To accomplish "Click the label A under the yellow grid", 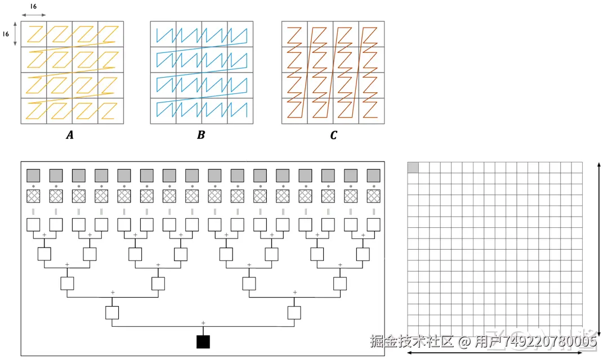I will pyautogui.click(x=70, y=135).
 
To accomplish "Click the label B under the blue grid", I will pyautogui.click(x=200, y=135).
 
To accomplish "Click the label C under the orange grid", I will pyautogui.click(x=333, y=135).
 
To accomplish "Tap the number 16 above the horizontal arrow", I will pyautogui.click(x=33, y=6).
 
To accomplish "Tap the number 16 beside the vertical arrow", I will pyautogui.click(x=6, y=34).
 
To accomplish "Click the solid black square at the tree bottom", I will pyautogui.click(x=203, y=341).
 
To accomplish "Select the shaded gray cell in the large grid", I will pyautogui.click(x=413, y=167).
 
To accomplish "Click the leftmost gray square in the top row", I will pyautogui.click(x=33, y=174).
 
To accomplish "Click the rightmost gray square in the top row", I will pyautogui.click(x=373, y=174).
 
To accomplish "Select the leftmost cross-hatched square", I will pyautogui.click(x=33, y=196).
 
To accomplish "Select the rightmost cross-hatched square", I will pyautogui.click(x=373, y=196).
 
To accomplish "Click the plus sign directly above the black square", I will pyautogui.click(x=203, y=322).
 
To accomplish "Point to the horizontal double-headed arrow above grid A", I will pyautogui.click(x=33, y=15).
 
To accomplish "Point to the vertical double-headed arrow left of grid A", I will pyautogui.click(x=16, y=34).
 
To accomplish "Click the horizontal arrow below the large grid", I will pyautogui.click(x=495, y=353).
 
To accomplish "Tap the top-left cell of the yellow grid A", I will pyautogui.click(x=34, y=34).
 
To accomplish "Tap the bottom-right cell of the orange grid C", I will pyautogui.click(x=371, y=111).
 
